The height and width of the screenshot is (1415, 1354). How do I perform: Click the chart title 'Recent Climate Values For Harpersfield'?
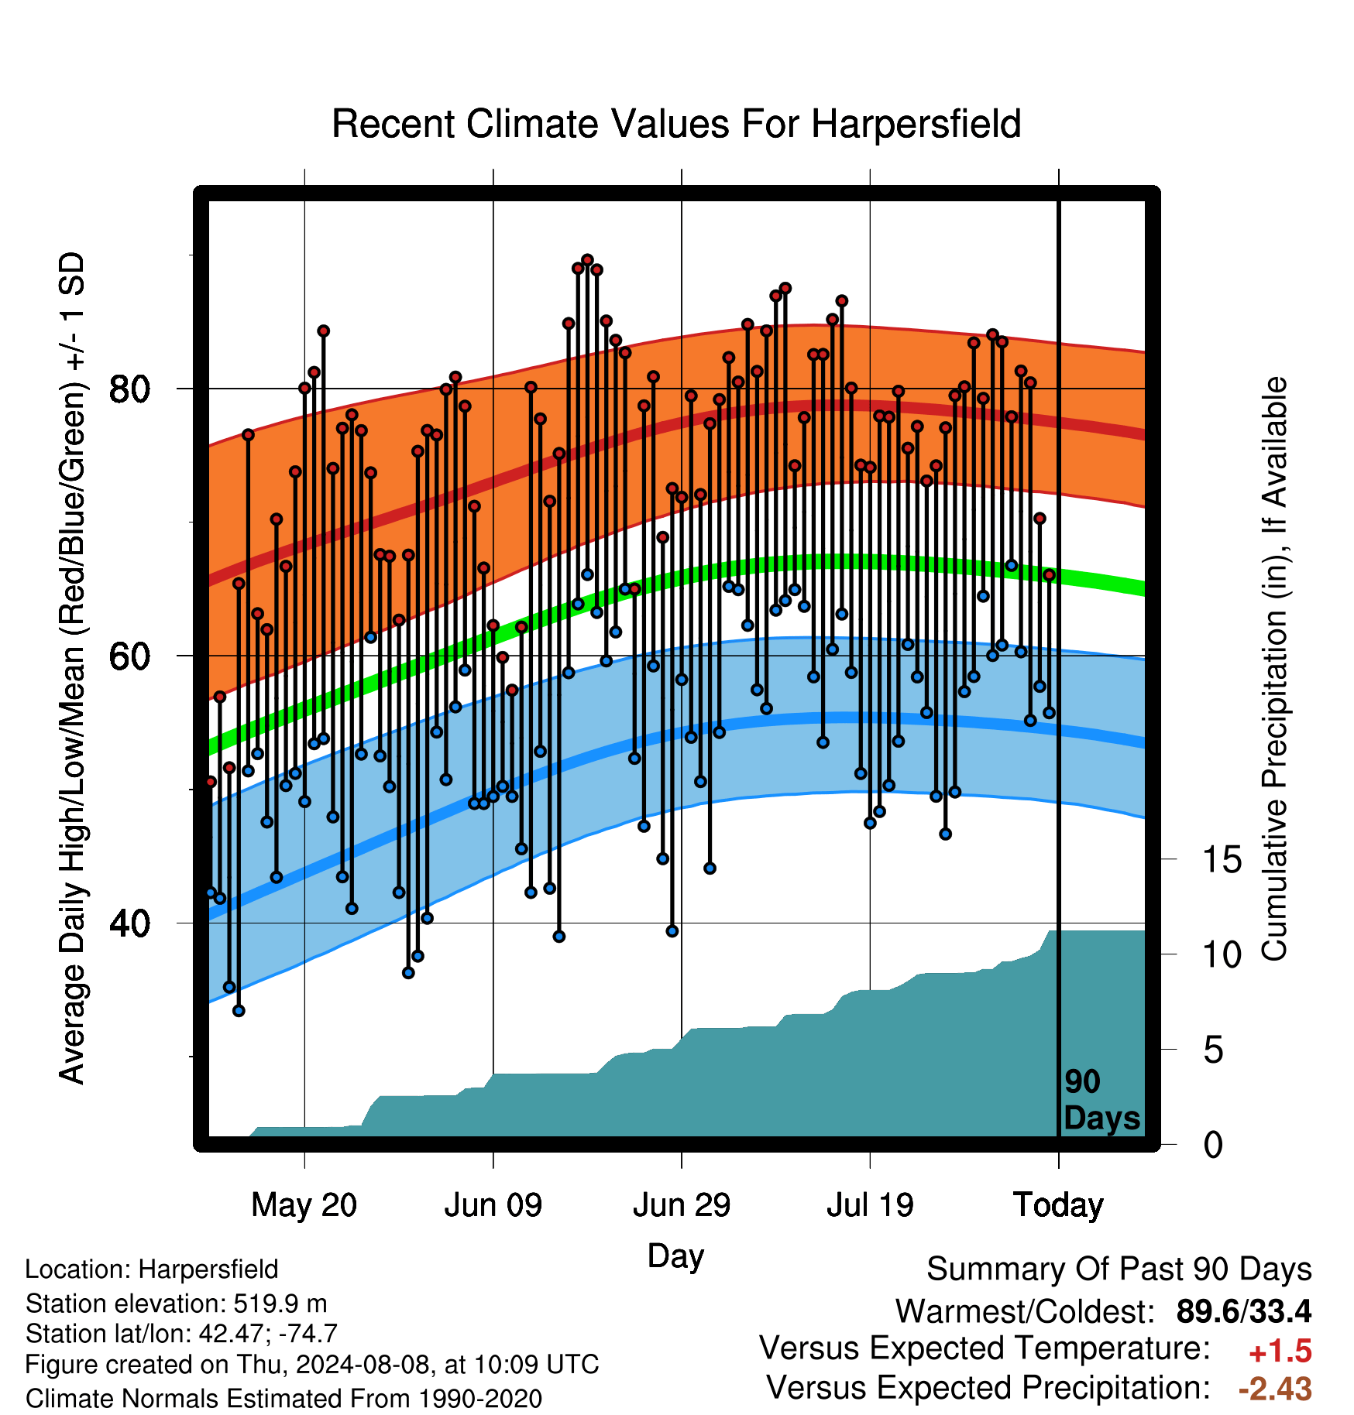click(x=676, y=124)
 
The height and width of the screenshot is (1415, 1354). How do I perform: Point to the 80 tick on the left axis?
click(x=129, y=389)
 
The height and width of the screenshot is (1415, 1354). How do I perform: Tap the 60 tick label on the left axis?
click(x=129, y=656)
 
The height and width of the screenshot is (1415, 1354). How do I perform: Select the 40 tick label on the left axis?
click(x=129, y=923)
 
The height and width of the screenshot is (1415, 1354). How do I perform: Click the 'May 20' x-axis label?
click(x=304, y=1205)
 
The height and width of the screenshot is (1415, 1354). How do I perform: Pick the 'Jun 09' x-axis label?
click(x=493, y=1205)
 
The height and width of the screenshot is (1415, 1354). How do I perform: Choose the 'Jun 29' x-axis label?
click(x=682, y=1205)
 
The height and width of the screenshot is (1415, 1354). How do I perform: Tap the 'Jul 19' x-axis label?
click(x=870, y=1205)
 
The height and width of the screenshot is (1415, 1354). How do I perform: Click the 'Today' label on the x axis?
click(x=1059, y=1205)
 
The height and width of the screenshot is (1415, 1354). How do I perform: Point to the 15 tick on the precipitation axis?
click(x=1222, y=859)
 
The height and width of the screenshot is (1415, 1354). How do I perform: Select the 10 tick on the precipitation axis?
click(x=1222, y=954)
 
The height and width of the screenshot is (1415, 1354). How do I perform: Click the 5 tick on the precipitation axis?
click(x=1214, y=1050)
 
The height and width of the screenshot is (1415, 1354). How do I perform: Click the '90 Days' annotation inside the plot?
click(x=1101, y=1100)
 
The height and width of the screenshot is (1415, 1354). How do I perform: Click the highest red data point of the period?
click(x=587, y=259)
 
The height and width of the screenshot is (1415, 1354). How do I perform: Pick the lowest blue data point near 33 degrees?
click(x=239, y=1010)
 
